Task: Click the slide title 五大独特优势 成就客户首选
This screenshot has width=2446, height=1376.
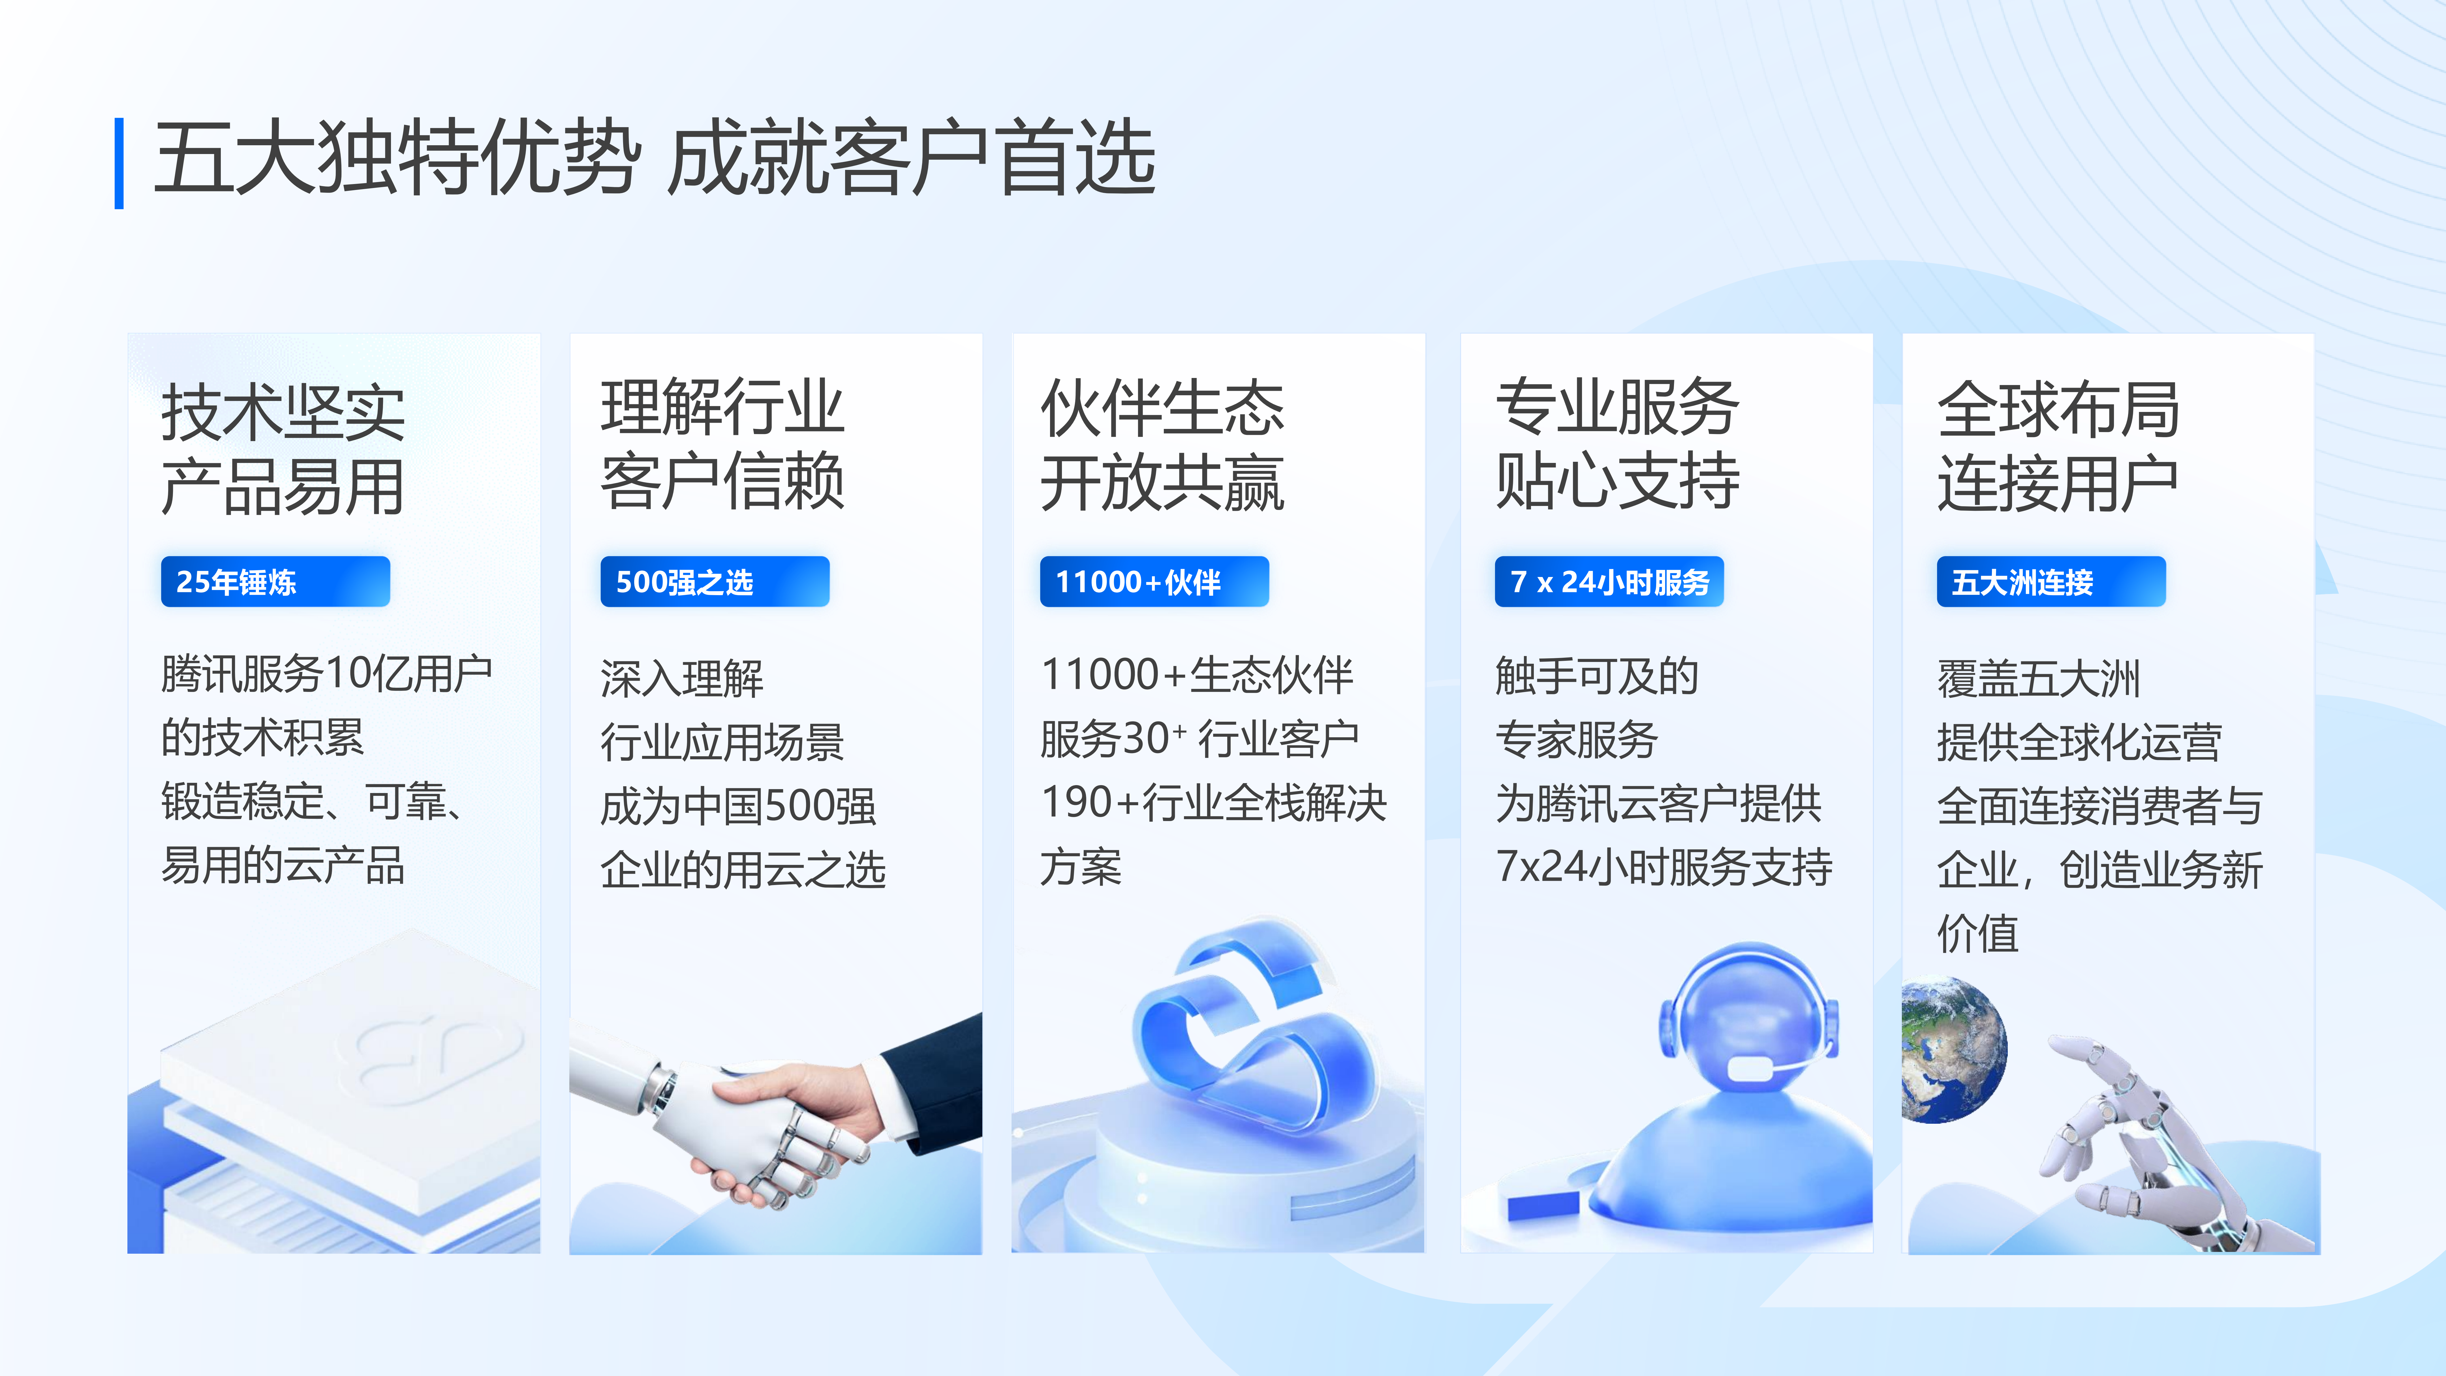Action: [654, 159]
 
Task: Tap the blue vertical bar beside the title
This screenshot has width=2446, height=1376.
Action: [119, 163]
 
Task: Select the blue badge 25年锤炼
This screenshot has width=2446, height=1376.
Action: [275, 581]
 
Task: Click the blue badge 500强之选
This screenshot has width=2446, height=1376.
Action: [715, 581]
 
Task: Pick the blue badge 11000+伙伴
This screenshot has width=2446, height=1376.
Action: [1155, 581]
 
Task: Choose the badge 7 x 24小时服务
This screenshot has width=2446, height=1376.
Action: [1609, 581]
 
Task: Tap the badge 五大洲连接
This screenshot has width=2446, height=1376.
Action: [2051, 581]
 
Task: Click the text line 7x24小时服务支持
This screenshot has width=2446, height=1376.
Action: [1664, 866]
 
